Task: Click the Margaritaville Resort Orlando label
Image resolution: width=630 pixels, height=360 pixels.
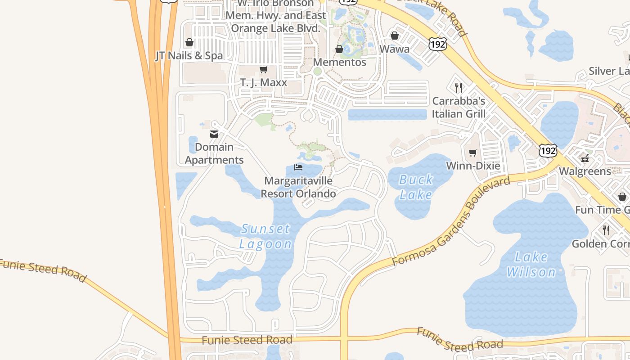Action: (x=298, y=187)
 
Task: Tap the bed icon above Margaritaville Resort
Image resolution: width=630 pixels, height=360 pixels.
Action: (x=298, y=167)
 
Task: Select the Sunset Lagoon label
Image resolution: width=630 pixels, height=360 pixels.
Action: (x=265, y=236)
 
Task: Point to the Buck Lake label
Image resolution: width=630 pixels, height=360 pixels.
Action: (x=416, y=187)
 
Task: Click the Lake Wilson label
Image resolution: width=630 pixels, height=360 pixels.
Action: (x=531, y=265)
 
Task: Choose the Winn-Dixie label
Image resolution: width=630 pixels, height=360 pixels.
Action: (x=473, y=166)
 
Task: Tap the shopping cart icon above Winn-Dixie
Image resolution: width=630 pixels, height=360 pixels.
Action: (x=472, y=153)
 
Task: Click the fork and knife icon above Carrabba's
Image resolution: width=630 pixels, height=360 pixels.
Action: (x=459, y=87)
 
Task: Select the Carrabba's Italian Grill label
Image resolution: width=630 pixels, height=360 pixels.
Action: (x=459, y=107)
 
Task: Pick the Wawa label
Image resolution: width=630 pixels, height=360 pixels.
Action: (x=395, y=49)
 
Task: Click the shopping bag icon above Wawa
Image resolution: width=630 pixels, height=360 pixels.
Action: (x=395, y=36)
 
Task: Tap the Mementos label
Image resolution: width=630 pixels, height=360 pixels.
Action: (x=340, y=62)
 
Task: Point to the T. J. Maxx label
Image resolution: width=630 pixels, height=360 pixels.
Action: (x=264, y=83)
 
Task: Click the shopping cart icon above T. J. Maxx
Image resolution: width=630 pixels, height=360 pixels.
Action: (x=263, y=70)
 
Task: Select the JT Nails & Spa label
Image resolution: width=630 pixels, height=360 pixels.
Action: (x=189, y=56)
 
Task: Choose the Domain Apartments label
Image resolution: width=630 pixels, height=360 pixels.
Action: (x=214, y=153)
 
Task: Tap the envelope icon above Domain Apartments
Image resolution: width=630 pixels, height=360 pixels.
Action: (x=214, y=134)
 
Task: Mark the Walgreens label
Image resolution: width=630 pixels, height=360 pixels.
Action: (x=585, y=171)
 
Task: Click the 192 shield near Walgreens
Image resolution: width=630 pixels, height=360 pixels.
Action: (x=548, y=150)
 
